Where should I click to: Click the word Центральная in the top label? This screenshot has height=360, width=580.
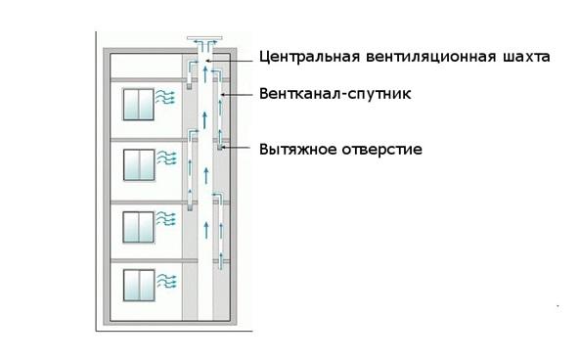tap(309, 58)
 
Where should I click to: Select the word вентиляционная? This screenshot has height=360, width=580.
tap(431, 57)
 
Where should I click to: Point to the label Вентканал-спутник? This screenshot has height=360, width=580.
tap(335, 94)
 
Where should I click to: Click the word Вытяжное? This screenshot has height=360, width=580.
tap(297, 149)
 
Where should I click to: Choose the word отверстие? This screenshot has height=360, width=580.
tap(381, 150)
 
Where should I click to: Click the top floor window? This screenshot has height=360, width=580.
tap(138, 105)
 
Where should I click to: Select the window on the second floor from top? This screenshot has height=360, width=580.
tap(139, 165)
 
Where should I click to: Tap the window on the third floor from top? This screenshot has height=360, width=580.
tap(138, 227)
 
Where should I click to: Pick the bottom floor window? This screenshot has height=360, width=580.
tap(139, 285)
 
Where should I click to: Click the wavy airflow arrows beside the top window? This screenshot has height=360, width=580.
tap(165, 97)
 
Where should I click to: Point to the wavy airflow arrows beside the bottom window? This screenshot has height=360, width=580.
tap(166, 281)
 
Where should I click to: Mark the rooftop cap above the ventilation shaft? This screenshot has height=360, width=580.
tap(204, 38)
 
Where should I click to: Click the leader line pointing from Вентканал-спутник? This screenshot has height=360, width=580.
tap(237, 95)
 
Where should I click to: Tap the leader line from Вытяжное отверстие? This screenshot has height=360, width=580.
tap(237, 148)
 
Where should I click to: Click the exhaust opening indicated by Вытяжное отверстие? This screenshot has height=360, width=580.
tap(220, 148)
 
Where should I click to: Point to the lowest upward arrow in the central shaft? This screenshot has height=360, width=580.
tap(206, 230)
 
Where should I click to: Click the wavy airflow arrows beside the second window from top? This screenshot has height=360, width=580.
tap(167, 157)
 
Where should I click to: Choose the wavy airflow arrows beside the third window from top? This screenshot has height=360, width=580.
tap(165, 219)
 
